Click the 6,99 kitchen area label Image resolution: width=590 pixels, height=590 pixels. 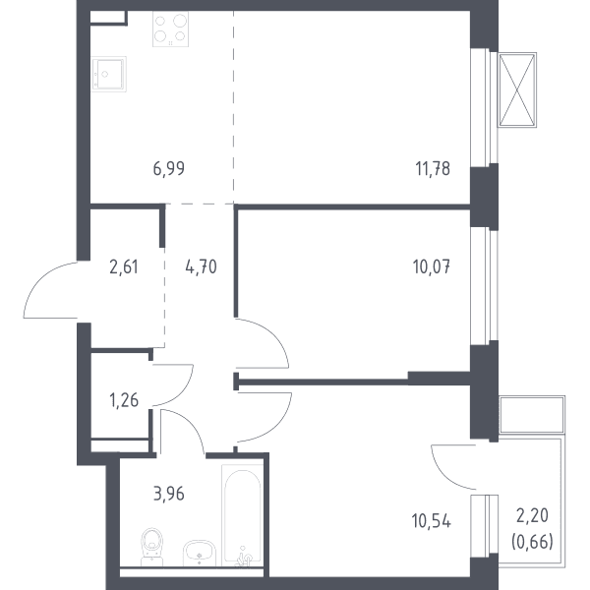[x=169, y=168]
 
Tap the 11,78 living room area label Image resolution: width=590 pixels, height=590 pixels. [x=433, y=168]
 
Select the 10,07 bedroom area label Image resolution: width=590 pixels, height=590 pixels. [x=432, y=266]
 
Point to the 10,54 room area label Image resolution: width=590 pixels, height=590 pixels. [x=432, y=521]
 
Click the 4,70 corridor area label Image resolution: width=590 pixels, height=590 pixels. [x=201, y=266]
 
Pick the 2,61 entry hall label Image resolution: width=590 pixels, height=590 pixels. [x=124, y=266]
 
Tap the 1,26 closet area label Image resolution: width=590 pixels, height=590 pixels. [x=124, y=400]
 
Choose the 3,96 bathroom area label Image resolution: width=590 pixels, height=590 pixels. [x=169, y=494]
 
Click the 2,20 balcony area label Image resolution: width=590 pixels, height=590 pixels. [x=532, y=515]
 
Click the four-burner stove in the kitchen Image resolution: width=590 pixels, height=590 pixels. [x=170, y=29]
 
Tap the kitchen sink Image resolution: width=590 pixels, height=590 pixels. [x=108, y=74]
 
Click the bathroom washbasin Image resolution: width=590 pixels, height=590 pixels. [x=200, y=553]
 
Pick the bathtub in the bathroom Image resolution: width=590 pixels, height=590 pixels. [x=242, y=515]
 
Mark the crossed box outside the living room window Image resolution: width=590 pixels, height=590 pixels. [x=517, y=89]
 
